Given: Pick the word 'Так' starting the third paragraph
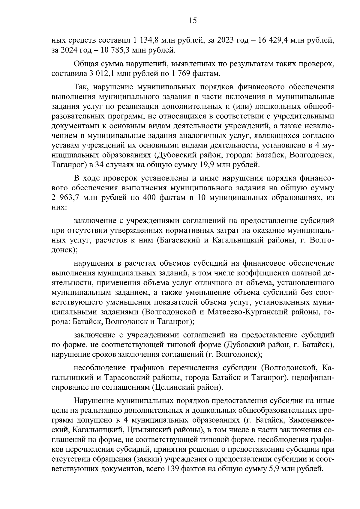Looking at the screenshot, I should point(81,87).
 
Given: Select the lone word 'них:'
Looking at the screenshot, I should point(58,207).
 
